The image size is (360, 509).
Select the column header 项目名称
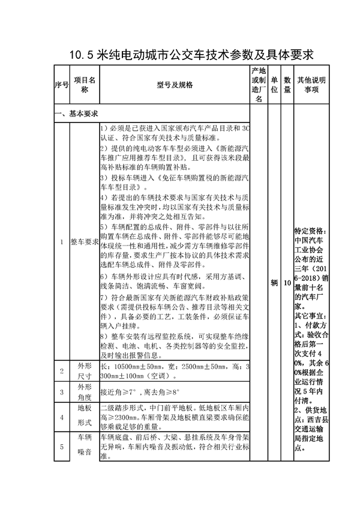(84, 85)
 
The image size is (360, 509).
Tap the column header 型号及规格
(174, 85)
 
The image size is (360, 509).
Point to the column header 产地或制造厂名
(259, 85)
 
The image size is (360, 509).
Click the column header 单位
(274, 85)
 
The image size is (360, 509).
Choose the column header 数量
(287, 85)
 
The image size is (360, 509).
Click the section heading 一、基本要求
(77, 113)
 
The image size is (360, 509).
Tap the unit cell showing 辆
(274, 282)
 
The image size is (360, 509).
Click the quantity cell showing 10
(287, 282)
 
